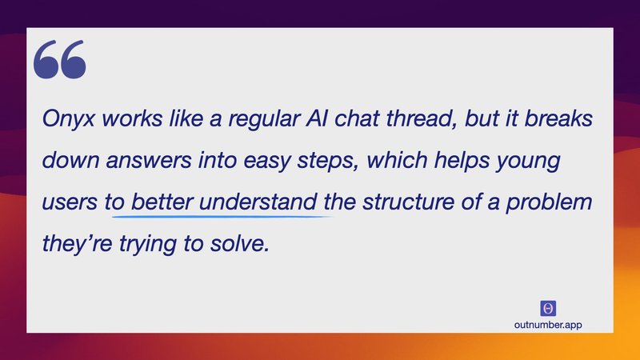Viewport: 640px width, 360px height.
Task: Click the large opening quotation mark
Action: point(60,61)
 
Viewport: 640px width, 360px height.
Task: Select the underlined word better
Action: point(162,202)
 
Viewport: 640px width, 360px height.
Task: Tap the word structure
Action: point(430,202)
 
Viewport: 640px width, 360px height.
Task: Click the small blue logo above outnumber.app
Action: point(549,308)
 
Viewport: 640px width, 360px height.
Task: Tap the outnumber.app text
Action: point(549,324)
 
